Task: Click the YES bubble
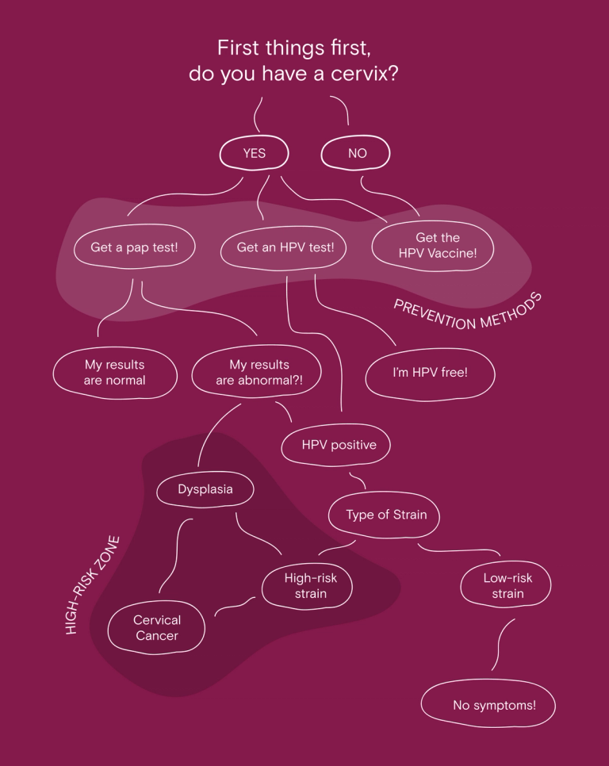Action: (254, 153)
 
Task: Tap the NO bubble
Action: (357, 153)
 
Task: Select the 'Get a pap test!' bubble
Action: (134, 247)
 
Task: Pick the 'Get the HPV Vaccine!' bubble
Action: (437, 245)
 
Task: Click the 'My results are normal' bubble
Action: (115, 373)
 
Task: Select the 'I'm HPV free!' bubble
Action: (430, 371)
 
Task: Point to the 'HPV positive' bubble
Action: (339, 445)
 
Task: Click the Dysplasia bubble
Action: (205, 489)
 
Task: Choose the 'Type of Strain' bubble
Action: (385, 515)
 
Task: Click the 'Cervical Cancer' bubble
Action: (157, 627)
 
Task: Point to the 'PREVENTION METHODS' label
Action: (468, 312)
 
